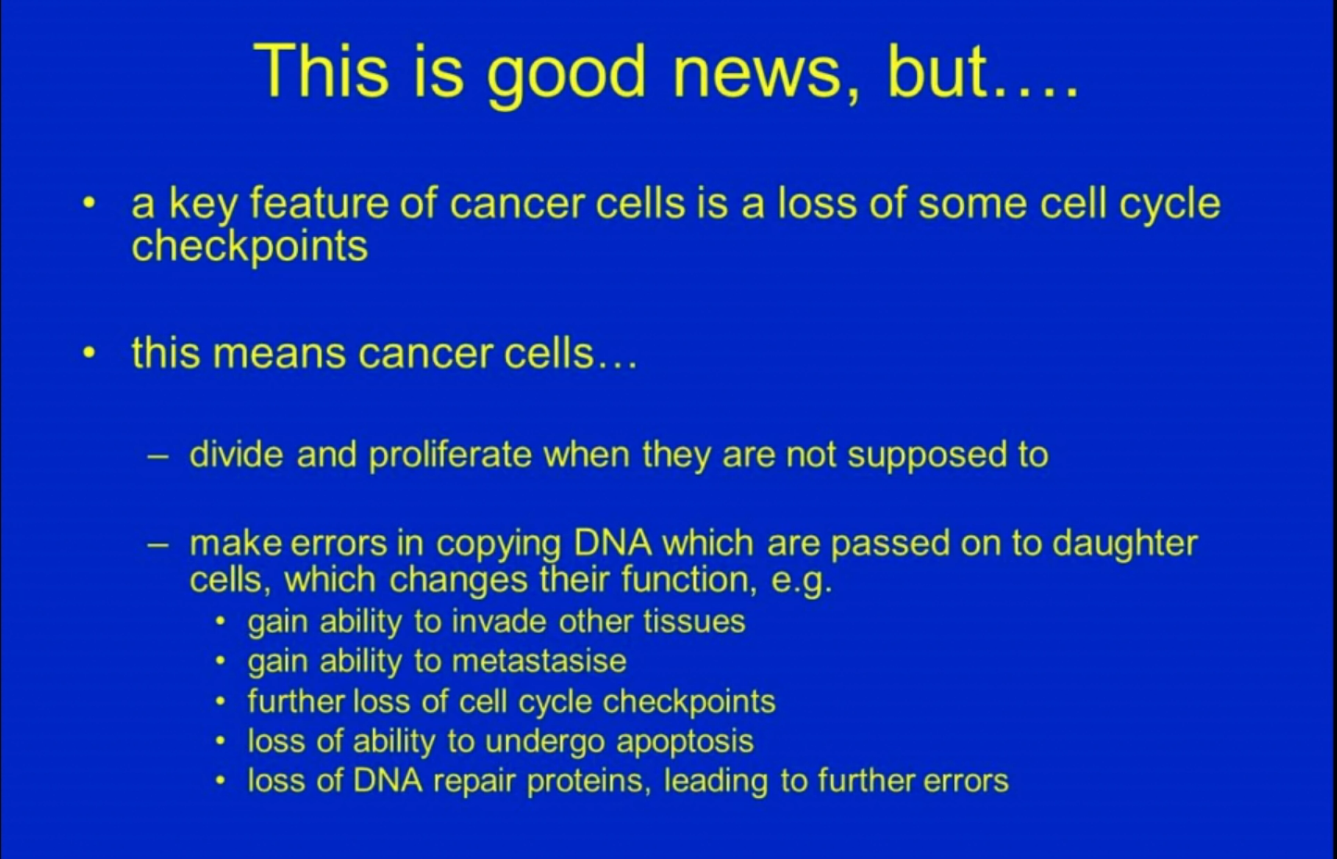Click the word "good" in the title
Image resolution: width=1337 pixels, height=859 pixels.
click(x=566, y=75)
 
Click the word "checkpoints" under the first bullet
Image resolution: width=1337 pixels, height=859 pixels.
click(x=250, y=246)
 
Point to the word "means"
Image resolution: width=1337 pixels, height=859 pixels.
click(x=279, y=354)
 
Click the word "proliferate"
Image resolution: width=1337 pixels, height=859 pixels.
click(x=450, y=455)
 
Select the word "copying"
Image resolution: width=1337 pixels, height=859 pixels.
click(x=499, y=544)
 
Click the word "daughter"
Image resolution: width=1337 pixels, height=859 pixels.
click(x=1124, y=544)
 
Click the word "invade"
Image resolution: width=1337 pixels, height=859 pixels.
click(x=499, y=621)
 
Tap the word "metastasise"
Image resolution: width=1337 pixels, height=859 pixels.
click(x=539, y=661)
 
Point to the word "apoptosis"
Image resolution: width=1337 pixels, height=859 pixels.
click(x=686, y=742)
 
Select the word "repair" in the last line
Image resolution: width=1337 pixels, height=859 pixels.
click(x=474, y=781)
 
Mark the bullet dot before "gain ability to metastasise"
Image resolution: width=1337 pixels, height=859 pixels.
click(x=221, y=662)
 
